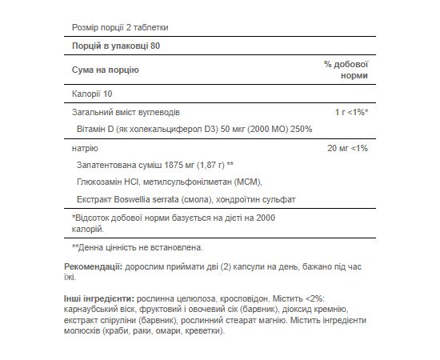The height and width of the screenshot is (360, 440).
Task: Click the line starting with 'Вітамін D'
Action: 201,130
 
